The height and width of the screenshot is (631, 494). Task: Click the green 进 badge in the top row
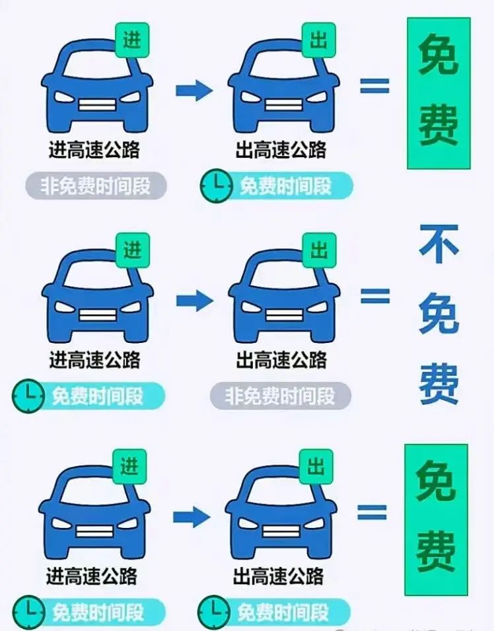132,40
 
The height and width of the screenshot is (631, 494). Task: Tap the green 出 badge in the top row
318,40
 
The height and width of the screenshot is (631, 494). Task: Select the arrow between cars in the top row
194,90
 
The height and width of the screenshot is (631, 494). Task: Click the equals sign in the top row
374,85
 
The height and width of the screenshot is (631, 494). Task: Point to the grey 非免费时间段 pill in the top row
96,186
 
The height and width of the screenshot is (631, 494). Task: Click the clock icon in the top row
216,186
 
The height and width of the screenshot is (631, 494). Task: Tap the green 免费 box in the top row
439,93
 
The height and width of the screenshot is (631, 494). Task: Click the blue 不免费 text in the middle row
439,315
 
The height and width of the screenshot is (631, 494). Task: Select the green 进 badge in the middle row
132,250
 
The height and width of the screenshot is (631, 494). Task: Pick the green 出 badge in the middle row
319,250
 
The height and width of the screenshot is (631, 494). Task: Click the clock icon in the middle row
28,396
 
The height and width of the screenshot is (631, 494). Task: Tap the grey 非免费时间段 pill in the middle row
281,396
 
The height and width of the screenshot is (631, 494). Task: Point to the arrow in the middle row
194,300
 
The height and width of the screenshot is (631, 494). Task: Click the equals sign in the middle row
375,296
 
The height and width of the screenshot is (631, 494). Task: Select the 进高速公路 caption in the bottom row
91,576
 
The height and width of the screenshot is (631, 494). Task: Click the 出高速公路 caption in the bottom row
278,576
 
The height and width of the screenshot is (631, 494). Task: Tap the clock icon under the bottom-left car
28,612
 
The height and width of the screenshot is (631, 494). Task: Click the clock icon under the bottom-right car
214,612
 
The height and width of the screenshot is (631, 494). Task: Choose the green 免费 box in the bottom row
436,519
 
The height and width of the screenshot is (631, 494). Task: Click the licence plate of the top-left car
97,104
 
